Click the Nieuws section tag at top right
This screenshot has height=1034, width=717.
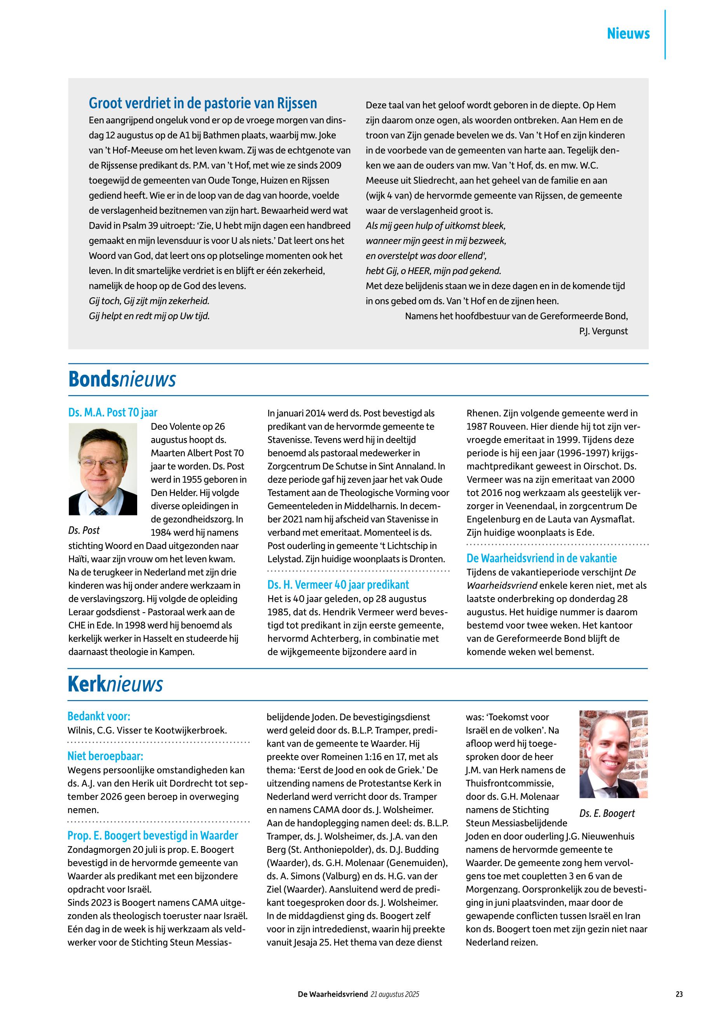coord(628,34)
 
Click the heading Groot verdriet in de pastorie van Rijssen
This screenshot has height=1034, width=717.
coord(202,103)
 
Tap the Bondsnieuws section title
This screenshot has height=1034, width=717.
coord(122,380)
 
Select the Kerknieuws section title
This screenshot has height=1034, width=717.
coord(115,685)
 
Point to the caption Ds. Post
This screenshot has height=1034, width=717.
coord(84,530)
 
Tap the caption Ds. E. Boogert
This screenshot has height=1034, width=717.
coord(607,813)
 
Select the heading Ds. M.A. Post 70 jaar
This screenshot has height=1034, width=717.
coord(113,412)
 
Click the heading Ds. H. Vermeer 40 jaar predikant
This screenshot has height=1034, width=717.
coord(338,585)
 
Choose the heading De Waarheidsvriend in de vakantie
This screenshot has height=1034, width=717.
coord(541,558)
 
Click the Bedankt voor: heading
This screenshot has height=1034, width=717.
coord(99,716)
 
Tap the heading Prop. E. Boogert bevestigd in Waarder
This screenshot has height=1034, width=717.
coord(153,835)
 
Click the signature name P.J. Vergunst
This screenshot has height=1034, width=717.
coord(604,331)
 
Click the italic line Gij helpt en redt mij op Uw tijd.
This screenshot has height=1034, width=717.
coord(149,316)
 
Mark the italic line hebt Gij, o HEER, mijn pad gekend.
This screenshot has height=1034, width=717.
coord(433,271)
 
